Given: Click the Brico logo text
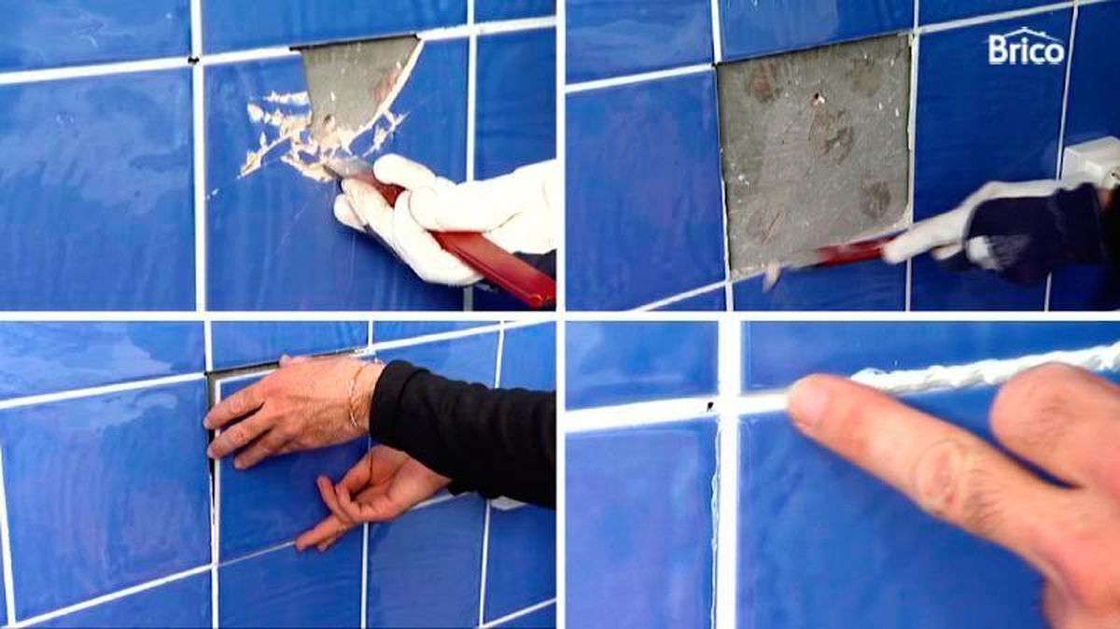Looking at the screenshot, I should point(1026,52).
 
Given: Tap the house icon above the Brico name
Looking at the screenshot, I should point(1027,34).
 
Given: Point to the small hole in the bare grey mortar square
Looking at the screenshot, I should point(818,97).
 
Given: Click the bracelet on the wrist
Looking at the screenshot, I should point(357,397).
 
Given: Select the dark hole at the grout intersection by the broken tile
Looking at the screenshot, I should point(193,59).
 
